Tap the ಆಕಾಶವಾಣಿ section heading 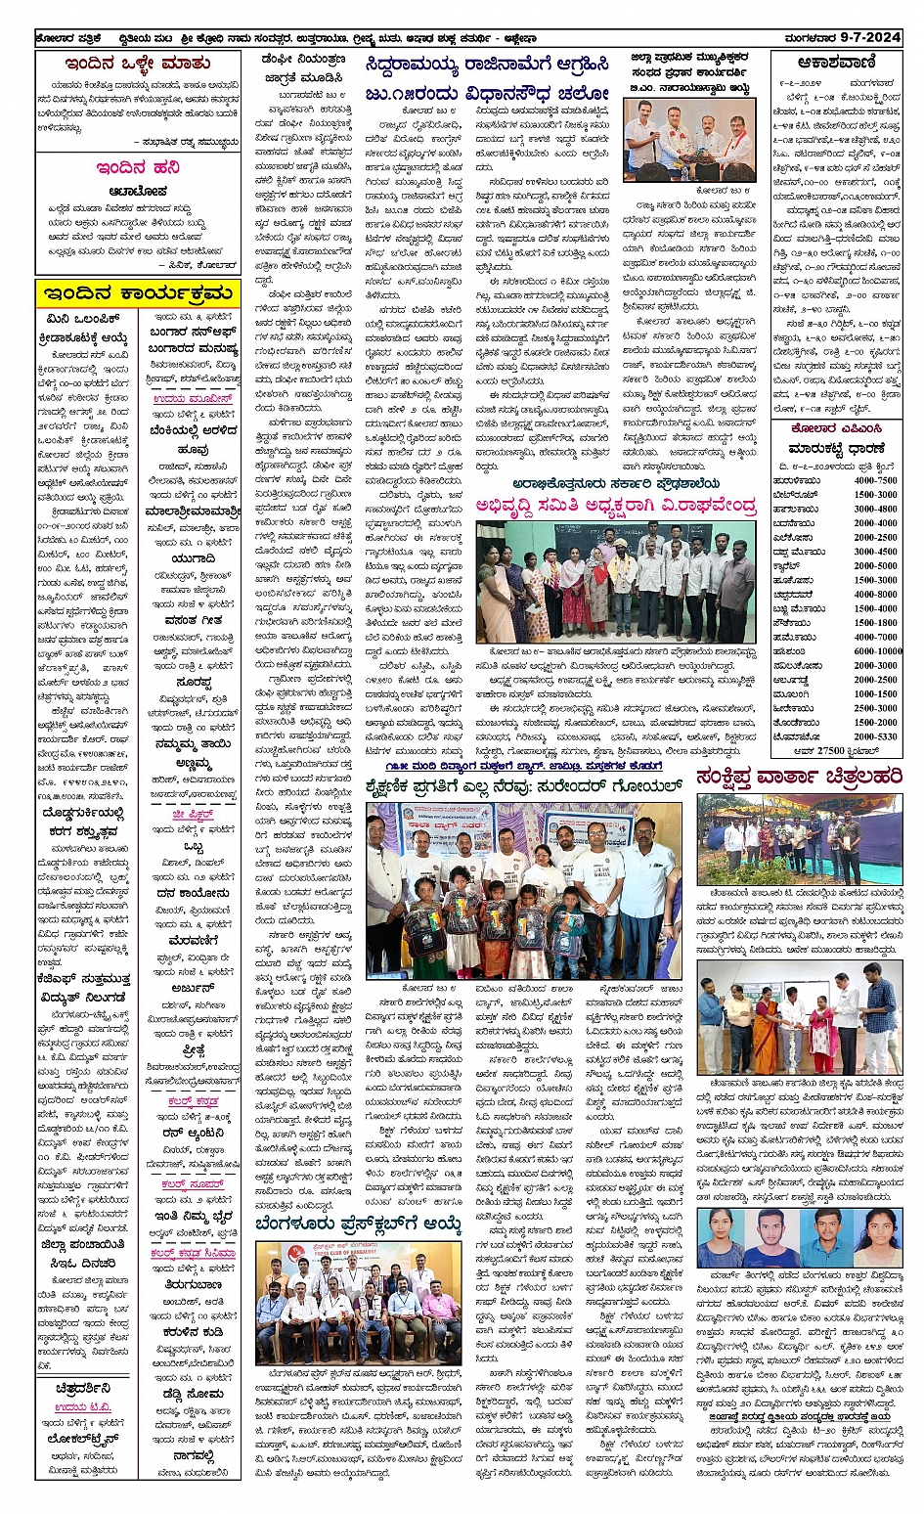click(836, 62)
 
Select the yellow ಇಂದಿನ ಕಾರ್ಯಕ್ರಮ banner click(137, 293)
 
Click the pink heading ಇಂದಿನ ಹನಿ click(137, 167)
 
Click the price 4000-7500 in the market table click(875, 481)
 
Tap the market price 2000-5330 click(875, 736)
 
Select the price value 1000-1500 click(875, 693)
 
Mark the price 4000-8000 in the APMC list click(875, 595)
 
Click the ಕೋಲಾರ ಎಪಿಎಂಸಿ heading click(836, 428)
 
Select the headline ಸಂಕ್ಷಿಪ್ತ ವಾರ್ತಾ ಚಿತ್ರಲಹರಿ click(799, 778)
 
